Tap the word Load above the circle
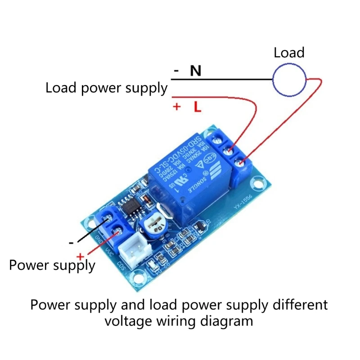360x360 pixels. point(289,53)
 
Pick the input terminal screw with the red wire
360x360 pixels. point(117,232)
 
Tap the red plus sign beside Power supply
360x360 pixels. point(80,256)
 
